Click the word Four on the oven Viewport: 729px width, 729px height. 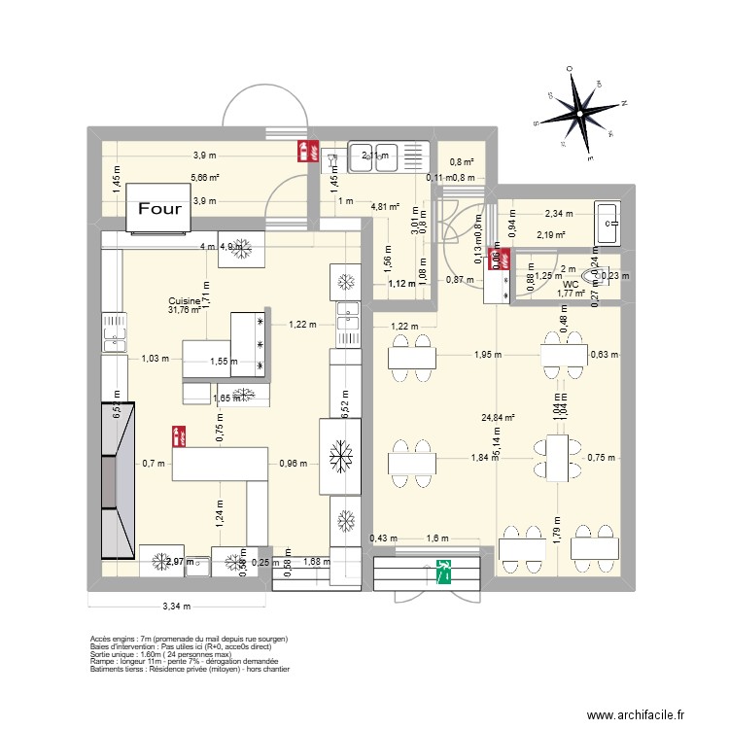(158, 208)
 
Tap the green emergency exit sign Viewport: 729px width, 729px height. (444, 571)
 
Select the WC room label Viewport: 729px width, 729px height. (571, 285)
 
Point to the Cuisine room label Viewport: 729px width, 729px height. (184, 301)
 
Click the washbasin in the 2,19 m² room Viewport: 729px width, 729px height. (607, 225)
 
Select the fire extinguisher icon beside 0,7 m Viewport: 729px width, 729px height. (178, 434)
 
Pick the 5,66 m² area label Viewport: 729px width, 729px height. (204, 178)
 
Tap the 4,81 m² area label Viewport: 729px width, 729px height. (386, 206)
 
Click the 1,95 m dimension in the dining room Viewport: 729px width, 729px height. (488, 355)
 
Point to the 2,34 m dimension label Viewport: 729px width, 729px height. (558, 214)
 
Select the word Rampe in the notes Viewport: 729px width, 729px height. (101, 662)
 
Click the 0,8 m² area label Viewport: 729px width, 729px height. (461, 162)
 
